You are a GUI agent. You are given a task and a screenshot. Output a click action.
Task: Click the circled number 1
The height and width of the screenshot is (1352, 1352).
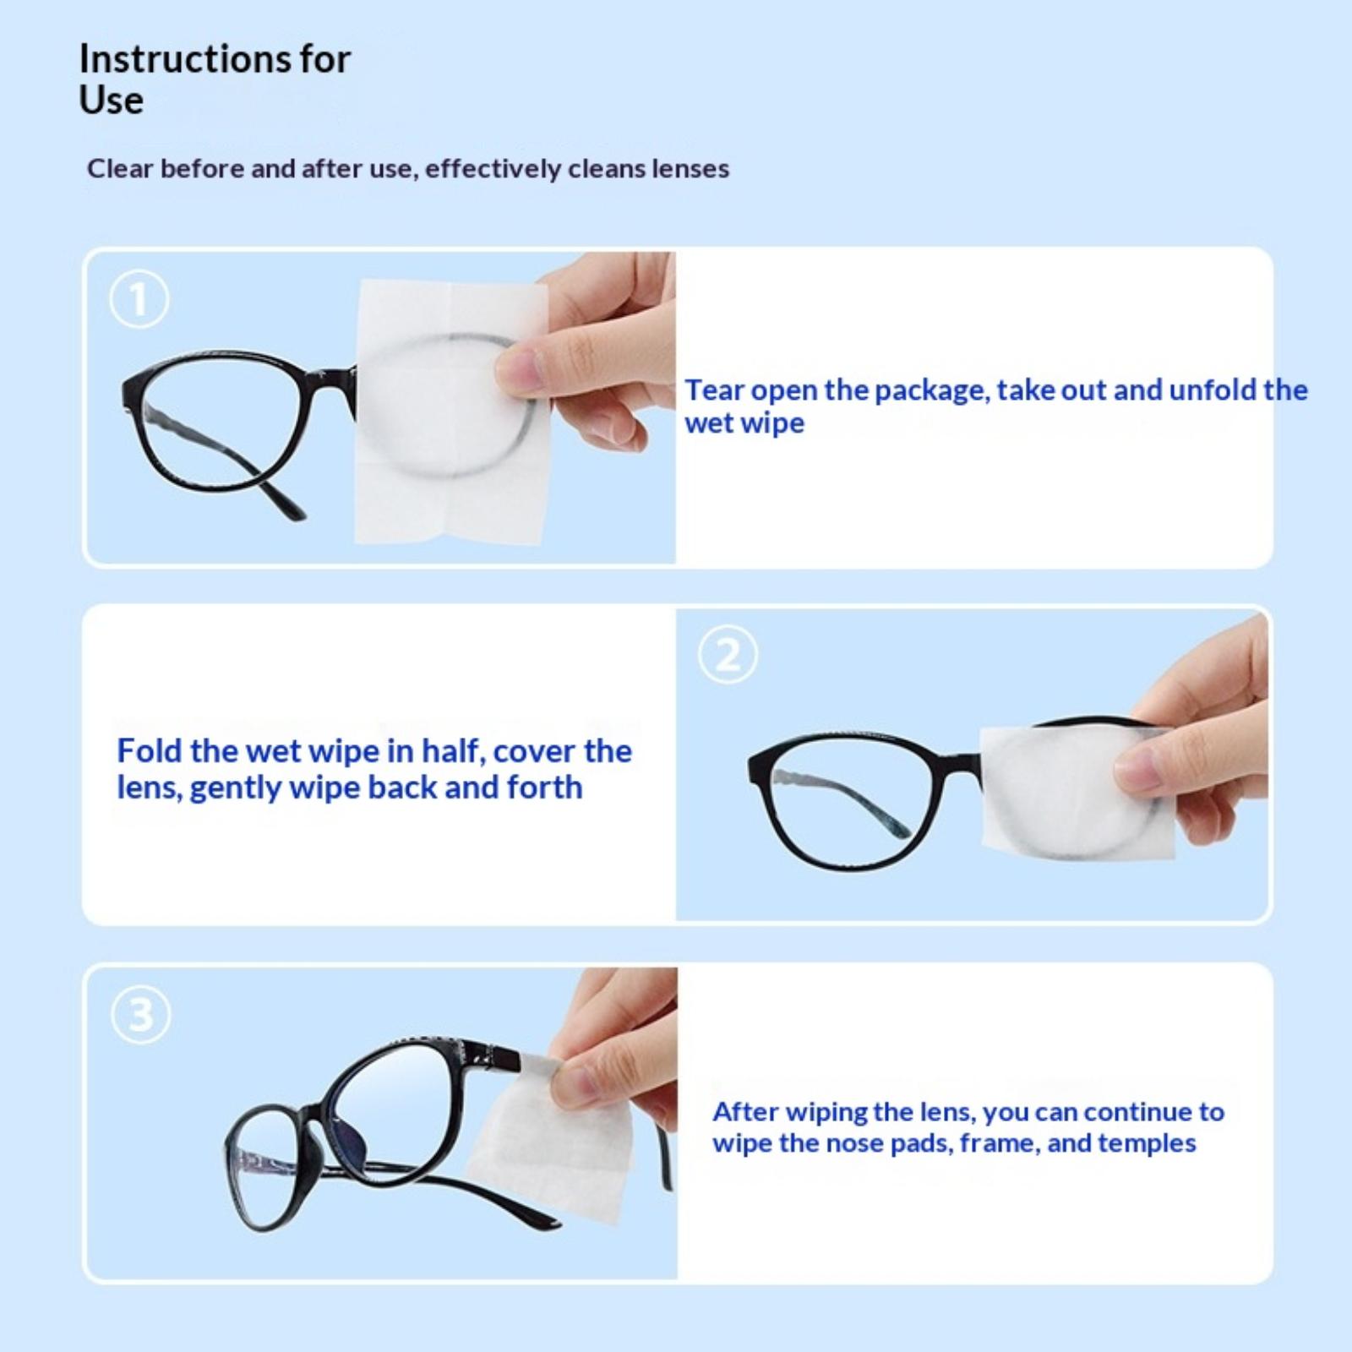click(139, 299)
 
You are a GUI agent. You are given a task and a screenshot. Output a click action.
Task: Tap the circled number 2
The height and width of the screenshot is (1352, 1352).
click(728, 655)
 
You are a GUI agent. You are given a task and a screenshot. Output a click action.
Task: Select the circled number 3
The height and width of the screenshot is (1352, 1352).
click(141, 1014)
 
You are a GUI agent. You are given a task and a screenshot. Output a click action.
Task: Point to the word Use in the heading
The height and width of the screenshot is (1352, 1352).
click(111, 100)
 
